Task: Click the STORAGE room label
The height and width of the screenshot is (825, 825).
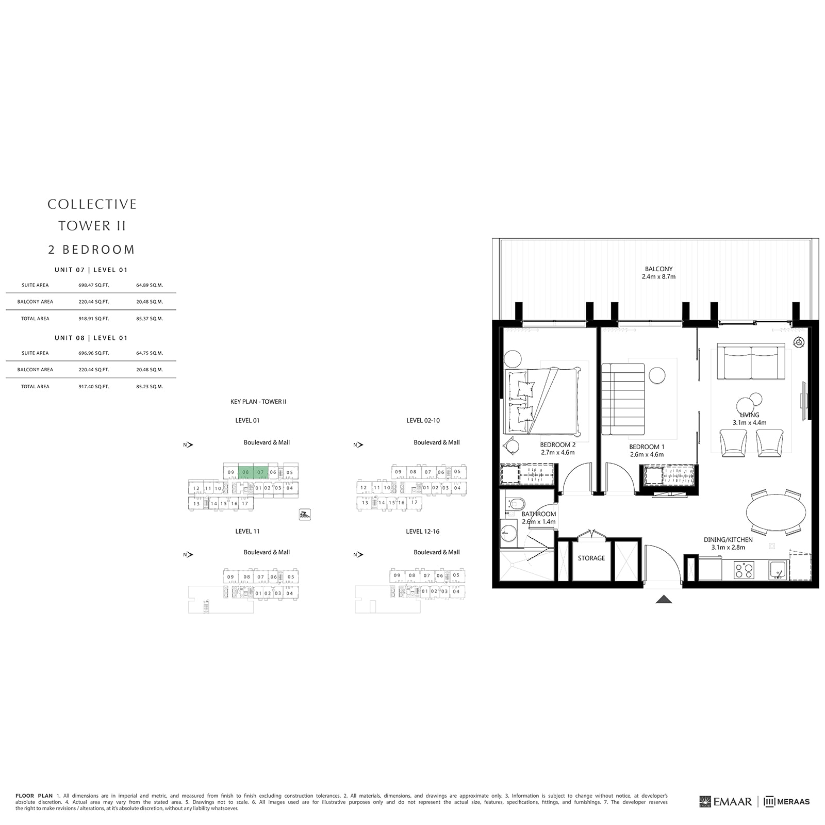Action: (591, 558)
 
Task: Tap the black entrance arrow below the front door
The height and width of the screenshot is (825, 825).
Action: (664, 599)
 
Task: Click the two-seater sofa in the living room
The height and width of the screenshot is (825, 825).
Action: (751, 363)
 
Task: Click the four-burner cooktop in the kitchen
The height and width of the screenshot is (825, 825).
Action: (744, 569)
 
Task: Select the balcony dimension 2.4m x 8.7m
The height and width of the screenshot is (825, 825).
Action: (658, 277)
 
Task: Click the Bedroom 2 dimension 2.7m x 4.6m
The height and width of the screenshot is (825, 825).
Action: (557, 452)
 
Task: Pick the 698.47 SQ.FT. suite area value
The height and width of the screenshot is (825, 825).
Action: (93, 285)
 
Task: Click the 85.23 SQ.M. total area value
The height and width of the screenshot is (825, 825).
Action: (150, 386)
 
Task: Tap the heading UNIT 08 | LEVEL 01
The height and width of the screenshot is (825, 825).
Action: (91, 338)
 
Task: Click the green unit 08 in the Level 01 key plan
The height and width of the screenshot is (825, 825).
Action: (246, 472)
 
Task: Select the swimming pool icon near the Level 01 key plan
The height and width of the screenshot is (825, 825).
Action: (305, 514)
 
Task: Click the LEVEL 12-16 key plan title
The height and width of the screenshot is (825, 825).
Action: (422, 531)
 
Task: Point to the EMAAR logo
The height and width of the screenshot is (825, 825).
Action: (725, 801)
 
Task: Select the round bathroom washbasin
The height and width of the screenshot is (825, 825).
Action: (509, 533)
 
